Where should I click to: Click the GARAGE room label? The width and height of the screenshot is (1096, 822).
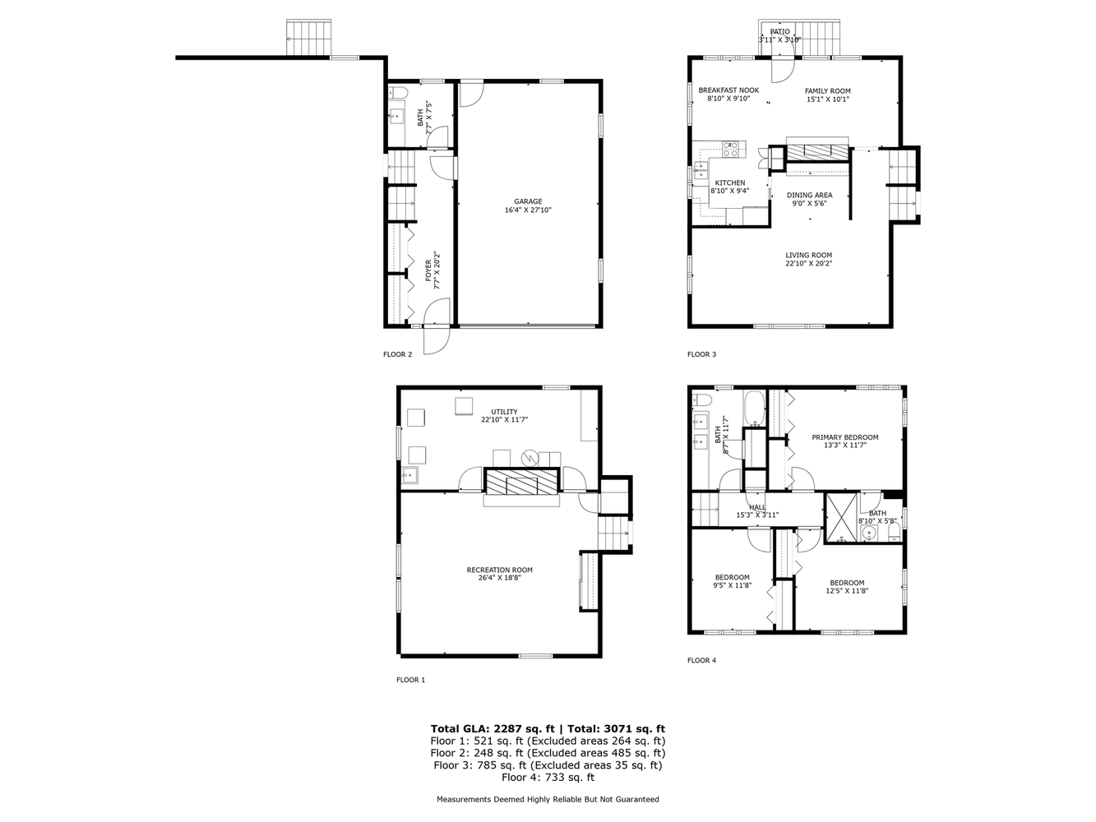coord(528,201)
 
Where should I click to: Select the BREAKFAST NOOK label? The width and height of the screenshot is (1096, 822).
coord(728,90)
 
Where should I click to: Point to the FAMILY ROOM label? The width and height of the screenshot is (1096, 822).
coord(827,91)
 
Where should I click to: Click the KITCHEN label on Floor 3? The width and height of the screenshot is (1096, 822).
coord(729,183)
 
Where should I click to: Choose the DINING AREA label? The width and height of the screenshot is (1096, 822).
coord(809,196)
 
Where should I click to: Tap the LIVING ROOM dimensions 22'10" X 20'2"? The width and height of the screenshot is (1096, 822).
coord(808,264)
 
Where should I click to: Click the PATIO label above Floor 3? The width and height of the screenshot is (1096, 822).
coord(779,31)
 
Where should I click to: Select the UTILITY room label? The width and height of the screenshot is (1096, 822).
coord(504,412)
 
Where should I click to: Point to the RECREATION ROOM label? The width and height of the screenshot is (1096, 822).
coord(499,570)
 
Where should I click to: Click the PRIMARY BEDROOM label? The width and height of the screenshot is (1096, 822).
coord(844,437)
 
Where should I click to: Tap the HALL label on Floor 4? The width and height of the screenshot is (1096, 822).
coord(757,507)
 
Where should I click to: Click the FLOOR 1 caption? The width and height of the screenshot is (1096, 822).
coord(410,680)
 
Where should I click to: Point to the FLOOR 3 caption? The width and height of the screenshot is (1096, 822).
coord(701,354)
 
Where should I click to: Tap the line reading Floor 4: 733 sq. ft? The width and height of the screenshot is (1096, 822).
coord(548,777)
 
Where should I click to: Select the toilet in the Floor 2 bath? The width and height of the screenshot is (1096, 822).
coord(395,92)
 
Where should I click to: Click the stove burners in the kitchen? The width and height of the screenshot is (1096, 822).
coord(730,149)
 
